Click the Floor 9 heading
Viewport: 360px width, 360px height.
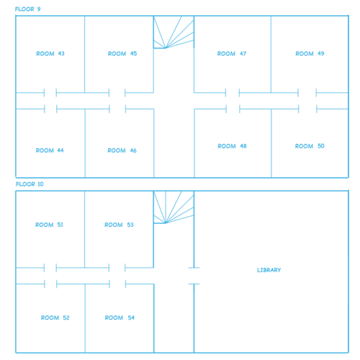[x=28, y=9]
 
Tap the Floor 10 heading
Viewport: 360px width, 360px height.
[x=30, y=184]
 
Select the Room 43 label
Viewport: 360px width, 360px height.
[x=50, y=53]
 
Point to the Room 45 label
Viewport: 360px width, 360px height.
[x=122, y=53]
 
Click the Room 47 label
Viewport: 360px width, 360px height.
[x=232, y=53]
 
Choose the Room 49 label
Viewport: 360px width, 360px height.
[x=310, y=53]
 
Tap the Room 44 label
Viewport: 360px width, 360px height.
[x=50, y=150]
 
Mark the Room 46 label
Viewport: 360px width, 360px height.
[x=122, y=150]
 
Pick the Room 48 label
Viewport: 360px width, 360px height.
[x=232, y=146]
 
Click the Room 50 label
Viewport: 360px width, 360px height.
[x=310, y=146]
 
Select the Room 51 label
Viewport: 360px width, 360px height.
[x=49, y=225]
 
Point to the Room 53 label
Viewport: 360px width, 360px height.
[x=119, y=225]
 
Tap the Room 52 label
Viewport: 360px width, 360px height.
[x=55, y=318]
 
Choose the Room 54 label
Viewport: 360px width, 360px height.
[x=120, y=318]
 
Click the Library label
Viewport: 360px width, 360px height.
[x=269, y=270]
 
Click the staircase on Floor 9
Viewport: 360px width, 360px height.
[x=174, y=32]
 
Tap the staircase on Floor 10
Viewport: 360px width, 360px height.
[x=174, y=207]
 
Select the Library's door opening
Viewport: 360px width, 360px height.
[x=194, y=276]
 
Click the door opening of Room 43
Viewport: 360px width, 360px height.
[x=50, y=93]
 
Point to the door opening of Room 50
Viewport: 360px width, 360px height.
[x=307, y=109]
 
